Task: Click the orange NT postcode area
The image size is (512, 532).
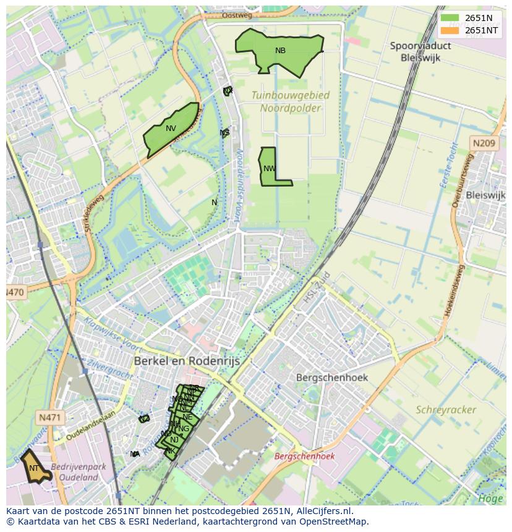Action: coord(34,468)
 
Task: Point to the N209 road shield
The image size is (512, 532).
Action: coord(484,143)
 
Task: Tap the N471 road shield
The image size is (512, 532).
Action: coord(49,418)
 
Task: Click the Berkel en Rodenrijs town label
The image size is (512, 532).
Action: coord(187,360)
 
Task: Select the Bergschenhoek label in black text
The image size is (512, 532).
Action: coord(331,377)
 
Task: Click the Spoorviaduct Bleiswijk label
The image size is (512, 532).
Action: coord(420,51)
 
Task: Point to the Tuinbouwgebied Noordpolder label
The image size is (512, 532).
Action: coord(290,102)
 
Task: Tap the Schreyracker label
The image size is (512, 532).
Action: coord(446,410)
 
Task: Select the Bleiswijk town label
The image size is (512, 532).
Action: coord(485,195)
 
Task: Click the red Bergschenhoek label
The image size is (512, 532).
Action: coord(304,456)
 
